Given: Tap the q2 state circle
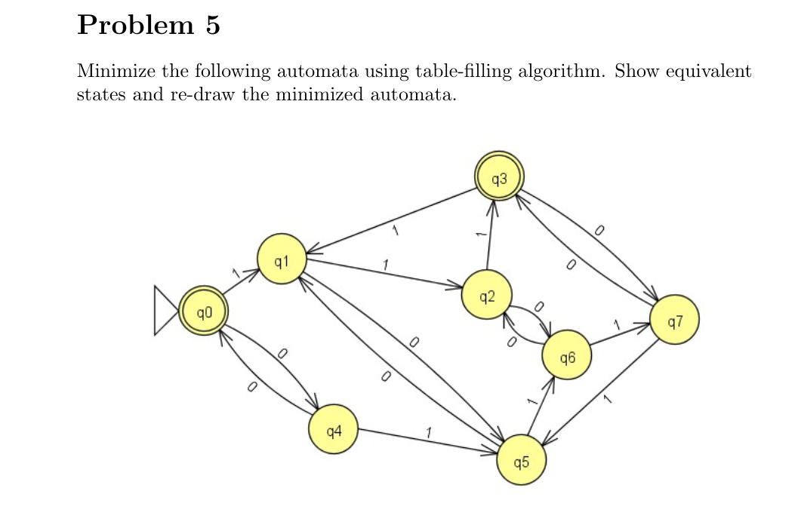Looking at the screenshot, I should (487, 293).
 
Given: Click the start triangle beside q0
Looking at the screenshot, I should (165, 310).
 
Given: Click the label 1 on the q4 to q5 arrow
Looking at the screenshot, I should (428, 432).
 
